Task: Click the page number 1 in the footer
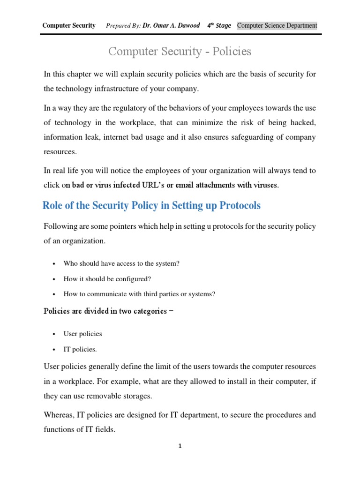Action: pos(180,446)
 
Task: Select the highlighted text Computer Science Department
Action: pos(277,25)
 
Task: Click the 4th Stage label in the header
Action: pos(219,25)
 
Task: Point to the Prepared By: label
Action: pos(123,25)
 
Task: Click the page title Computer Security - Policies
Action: pos(180,52)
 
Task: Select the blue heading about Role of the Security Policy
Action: pos(151,205)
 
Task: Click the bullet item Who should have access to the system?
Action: pos(121,263)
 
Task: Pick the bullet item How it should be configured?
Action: pos(107,279)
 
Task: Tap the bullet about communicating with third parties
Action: pos(139,294)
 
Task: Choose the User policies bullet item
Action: pos(82,334)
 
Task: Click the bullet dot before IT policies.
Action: pos(55,349)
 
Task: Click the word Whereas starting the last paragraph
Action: pos(60,415)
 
